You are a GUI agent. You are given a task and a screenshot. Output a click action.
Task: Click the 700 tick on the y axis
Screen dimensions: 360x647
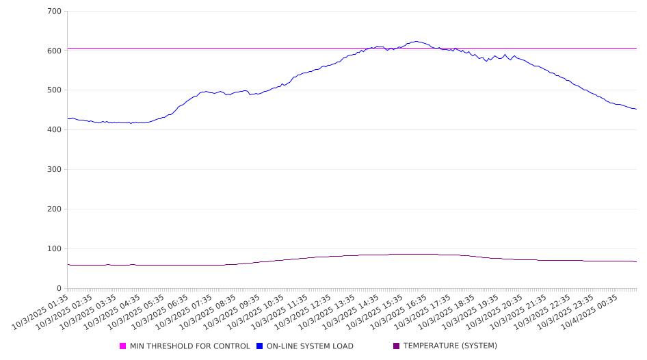point(55,12)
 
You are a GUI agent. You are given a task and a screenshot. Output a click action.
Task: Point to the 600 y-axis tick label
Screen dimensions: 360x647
point(55,51)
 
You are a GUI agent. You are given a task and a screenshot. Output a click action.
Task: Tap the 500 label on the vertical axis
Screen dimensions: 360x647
point(55,90)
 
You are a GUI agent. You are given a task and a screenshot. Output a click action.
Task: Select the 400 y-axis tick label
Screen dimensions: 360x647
point(55,130)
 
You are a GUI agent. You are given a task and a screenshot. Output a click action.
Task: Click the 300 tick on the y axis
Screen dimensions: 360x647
point(55,170)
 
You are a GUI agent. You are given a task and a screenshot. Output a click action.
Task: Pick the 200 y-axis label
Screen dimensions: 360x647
point(55,209)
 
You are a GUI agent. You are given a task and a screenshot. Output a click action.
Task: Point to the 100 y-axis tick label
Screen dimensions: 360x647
point(55,249)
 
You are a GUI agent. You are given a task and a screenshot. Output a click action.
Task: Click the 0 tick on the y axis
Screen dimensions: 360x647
point(60,288)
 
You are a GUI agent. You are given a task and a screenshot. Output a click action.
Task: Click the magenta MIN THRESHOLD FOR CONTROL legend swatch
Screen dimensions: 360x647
point(123,346)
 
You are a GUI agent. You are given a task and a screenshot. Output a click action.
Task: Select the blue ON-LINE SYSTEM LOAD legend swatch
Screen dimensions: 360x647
point(260,346)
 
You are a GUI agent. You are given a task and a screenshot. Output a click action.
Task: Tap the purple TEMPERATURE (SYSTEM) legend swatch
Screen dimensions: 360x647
point(397,346)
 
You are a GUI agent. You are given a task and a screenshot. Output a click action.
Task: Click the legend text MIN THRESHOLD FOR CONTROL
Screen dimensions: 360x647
point(189,346)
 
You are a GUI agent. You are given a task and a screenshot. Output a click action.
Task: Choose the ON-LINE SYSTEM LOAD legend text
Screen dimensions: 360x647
point(310,346)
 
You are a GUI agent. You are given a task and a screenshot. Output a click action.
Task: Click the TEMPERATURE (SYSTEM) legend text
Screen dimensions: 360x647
point(450,346)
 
